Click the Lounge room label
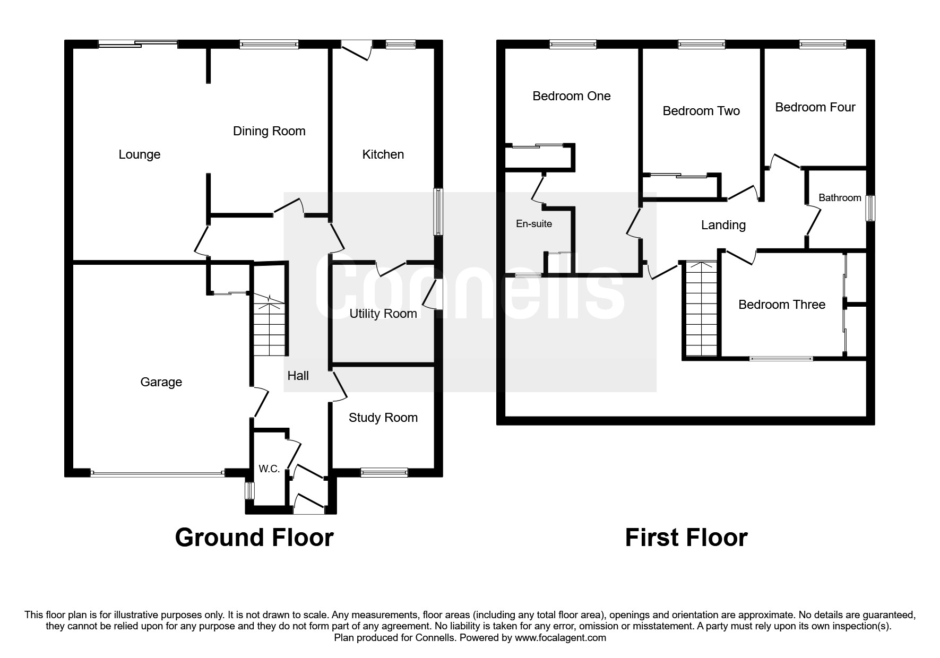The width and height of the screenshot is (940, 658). click(x=139, y=154)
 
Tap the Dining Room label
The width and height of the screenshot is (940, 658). click(x=269, y=131)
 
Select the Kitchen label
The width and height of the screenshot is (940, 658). click(x=383, y=154)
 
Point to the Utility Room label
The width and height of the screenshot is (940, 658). click(x=383, y=314)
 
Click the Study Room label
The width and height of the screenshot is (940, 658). click(x=383, y=418)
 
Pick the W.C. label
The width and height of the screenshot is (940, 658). click(x=269, y=469)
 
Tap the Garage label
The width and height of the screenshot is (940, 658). click(x=161, y=382)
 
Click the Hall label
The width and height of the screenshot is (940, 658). click(x=298, y=376)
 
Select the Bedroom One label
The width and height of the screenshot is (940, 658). click(x=571, y=96)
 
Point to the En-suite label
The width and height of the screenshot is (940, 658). click(x=533, y=224)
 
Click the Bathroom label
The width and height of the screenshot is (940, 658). click(x=839, y=198)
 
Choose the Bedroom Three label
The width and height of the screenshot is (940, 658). click(x=781, y=305)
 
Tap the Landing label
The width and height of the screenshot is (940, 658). click(x=723, y=225)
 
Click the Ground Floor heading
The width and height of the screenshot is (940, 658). click(x=254, y=538)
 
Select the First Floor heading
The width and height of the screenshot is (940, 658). click(x=686, y=538)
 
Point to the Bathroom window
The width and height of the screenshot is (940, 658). click(x=870, y=209)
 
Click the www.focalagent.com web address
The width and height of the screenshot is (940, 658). click(x=560, y=638)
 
